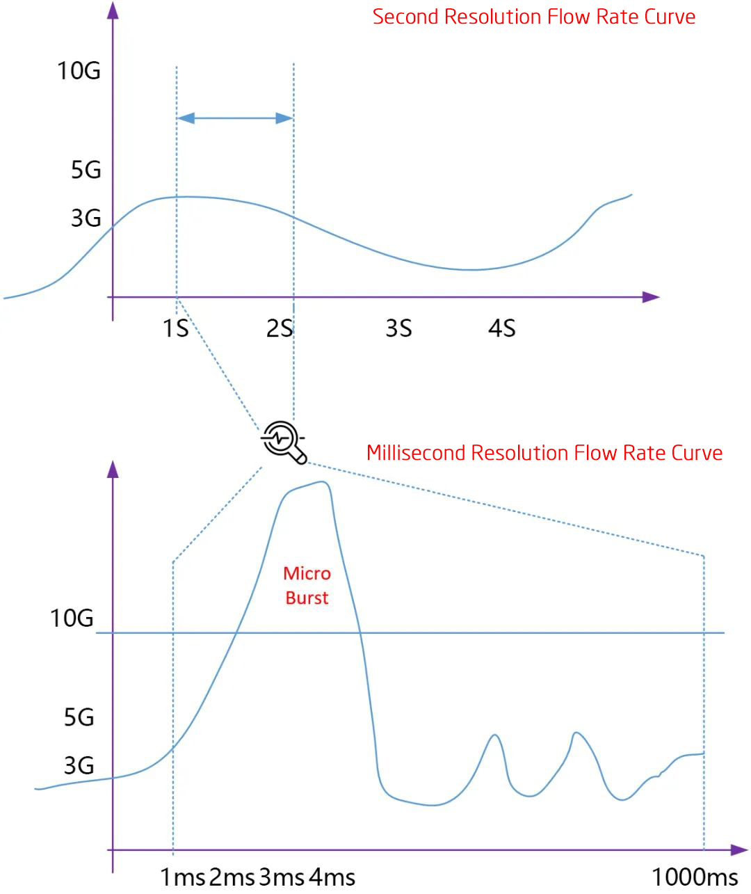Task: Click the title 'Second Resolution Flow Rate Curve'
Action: [533, 17]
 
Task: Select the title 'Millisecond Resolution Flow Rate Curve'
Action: [544, 453]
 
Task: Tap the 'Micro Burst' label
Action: [307, 585]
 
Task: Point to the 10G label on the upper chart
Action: [79, 70]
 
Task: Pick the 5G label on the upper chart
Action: [86, 169]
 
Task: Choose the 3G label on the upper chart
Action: [86, 218]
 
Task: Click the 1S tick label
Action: [175, 328]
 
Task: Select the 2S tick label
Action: [280, 328]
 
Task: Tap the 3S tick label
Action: [398, 328]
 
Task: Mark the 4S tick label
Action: [501, 328]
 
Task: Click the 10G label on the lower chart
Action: [72, 618]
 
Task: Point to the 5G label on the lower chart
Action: [79, 717]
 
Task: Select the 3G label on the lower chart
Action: [79, 765]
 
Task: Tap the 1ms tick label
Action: [183, 877]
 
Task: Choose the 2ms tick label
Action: [232, 877]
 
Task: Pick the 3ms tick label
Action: [282, 877]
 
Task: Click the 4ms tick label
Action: [332, 877]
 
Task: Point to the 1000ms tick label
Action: [694, 877]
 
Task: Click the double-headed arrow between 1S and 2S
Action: [235, 118]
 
